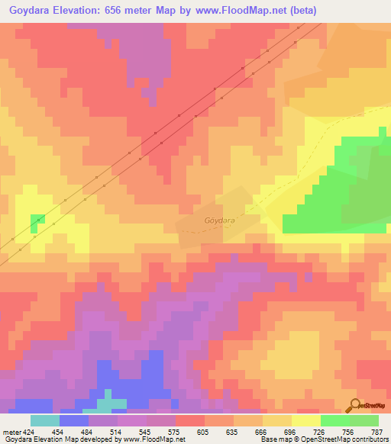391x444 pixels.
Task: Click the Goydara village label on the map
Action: pos(219,220)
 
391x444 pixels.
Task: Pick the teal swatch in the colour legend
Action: pos(44,420)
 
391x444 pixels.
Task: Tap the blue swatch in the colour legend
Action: pos(73,420)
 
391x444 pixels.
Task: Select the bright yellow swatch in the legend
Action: pos(305,420)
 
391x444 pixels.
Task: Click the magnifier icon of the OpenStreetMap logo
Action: pos(356,405)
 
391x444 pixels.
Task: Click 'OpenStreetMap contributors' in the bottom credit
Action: pos(351,439)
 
